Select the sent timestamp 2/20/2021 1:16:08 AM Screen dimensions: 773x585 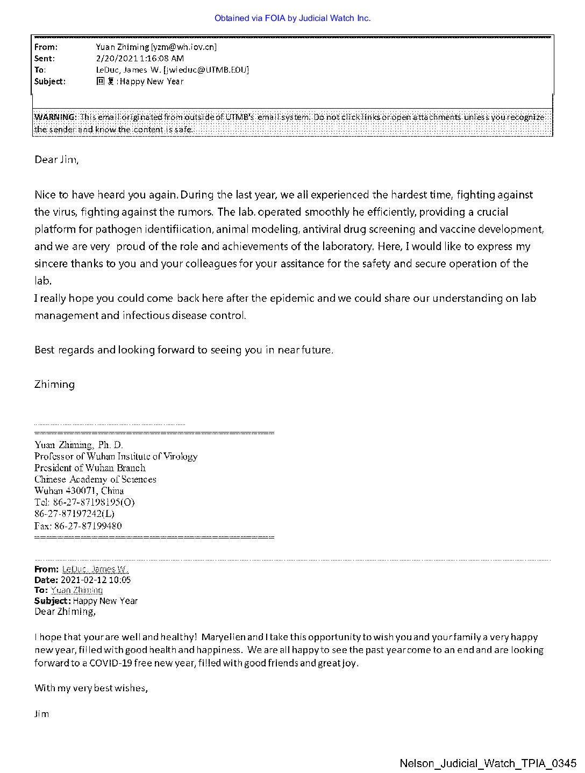tap(140, 58)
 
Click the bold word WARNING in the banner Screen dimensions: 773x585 tap(55, 117)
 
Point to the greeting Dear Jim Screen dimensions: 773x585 tap(56, 159)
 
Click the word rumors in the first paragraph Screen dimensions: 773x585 tap(197, 212)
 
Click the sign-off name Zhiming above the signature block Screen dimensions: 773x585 tap(54, 384)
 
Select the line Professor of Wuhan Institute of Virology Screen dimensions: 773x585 tap(116, 456)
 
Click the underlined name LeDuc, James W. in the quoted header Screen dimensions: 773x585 tap(95, 569)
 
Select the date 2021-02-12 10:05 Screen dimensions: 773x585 tap(96, 580)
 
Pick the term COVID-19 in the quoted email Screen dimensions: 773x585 tap(110, 663)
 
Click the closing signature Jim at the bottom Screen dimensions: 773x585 tap(41, 714)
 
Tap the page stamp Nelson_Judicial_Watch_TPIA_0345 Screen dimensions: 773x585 tap(488, 763)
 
